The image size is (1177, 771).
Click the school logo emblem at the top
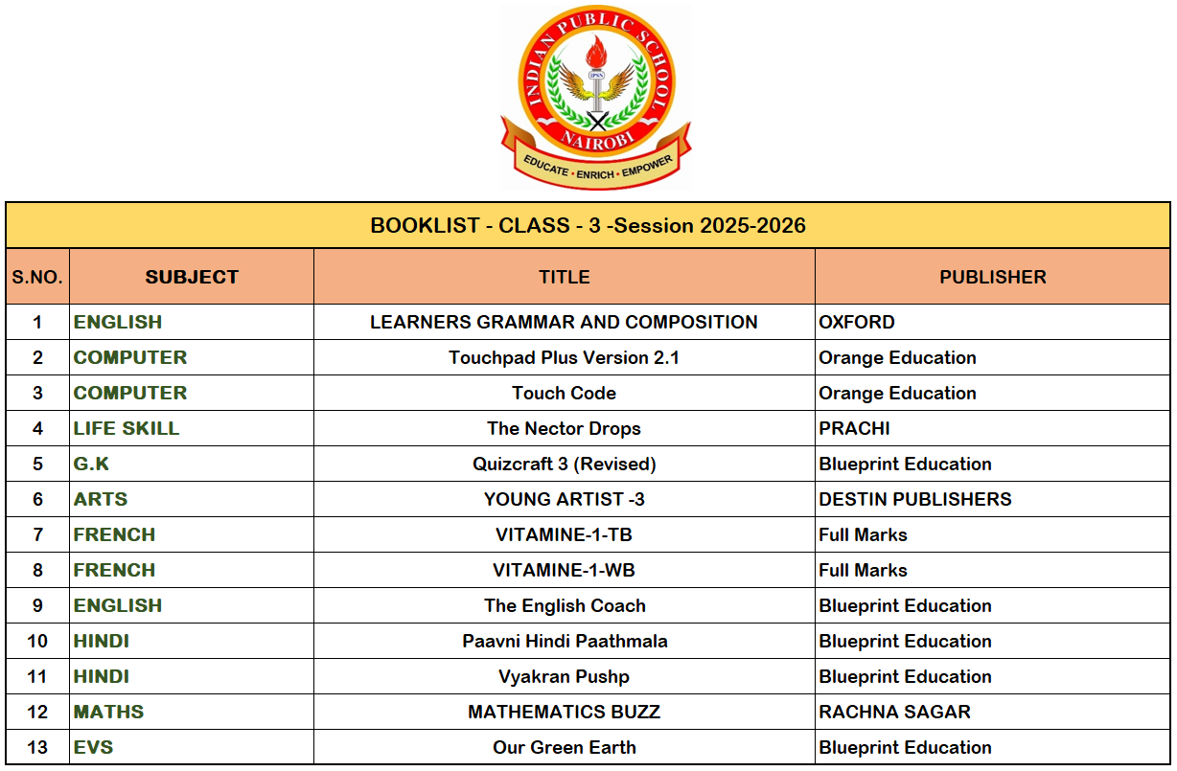click(595, 96)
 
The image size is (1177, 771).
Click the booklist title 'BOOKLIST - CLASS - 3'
click(588, 226)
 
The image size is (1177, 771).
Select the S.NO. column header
click(37, 278)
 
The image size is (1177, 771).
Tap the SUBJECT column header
click(192, 278)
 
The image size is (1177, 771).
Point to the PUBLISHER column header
click(992, 278)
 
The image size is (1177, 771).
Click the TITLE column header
click(564, 278)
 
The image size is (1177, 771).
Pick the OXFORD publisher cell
click(857, 323)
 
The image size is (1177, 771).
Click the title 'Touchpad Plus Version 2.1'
click(564, 358)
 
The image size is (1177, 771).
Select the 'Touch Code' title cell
click(564, 394)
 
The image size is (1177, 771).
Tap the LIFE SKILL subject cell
click(127, 429)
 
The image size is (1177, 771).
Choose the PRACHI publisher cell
click(854, 429)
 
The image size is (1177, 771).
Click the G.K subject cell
click(92, 465)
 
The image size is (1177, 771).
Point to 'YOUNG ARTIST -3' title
click(564, 500)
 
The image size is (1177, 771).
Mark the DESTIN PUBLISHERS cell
click(914, 500)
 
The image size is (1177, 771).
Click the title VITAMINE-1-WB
click(564, 571)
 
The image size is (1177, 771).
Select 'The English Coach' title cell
click(564, 606)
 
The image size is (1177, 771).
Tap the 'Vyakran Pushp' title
click(564, 677)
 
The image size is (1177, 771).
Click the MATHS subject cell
click(108, 713)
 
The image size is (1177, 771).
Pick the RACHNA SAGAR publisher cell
click(894, 713)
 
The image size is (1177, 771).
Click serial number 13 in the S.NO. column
click(37, 748)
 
